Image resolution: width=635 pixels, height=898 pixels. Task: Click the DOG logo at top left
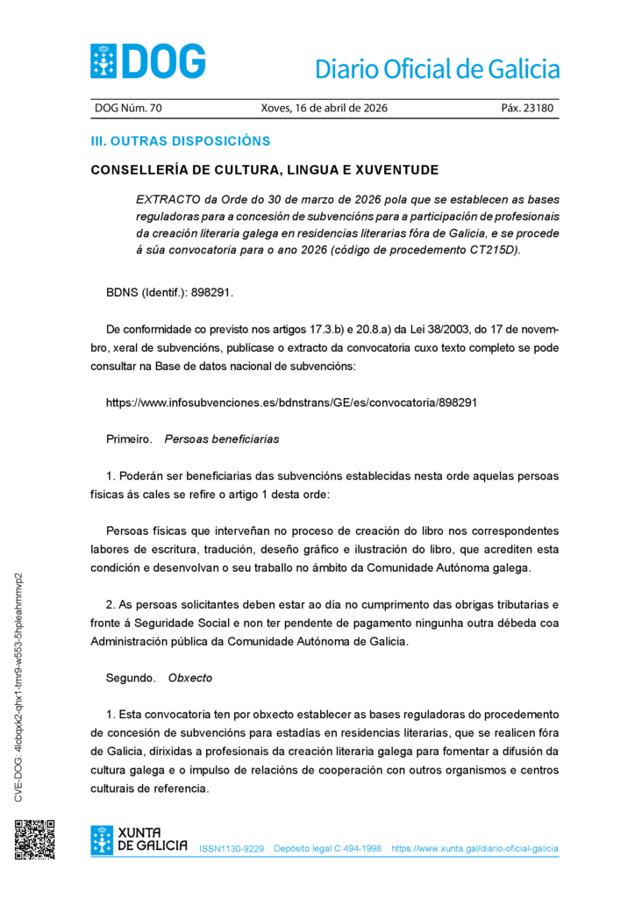pyautogui.click(x=148, y=61)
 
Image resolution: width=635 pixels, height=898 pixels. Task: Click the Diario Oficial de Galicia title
pyautogui.click(x=436, y=68)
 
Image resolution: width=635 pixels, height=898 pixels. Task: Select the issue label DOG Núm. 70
pyautogui.click(x=128, y=109)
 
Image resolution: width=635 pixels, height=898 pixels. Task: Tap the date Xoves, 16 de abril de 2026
pyautogui.click(x=324, y=109)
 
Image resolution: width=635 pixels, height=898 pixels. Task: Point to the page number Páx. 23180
pyautogui.click(x=526, y=109)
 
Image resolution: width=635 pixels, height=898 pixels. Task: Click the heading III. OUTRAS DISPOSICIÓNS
pyautogui.click(x=181, y=141)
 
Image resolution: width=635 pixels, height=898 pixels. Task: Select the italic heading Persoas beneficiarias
pyautogui.click(x=222, y=438)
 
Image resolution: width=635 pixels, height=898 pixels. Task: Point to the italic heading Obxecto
pyautogui.click(x=190, y=678)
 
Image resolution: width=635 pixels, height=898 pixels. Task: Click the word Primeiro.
pyautogui.click(x=129, y=438)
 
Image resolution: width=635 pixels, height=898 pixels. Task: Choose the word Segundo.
pyautogui.click(x=131, y=678)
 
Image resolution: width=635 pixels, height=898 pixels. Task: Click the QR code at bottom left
pyautogui.click(x=34, y=839)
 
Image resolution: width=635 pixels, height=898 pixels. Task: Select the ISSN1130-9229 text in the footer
pyautogui.click(x=232, y=849)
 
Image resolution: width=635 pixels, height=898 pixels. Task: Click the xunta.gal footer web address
pyautogui.click(x=474, y=849)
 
